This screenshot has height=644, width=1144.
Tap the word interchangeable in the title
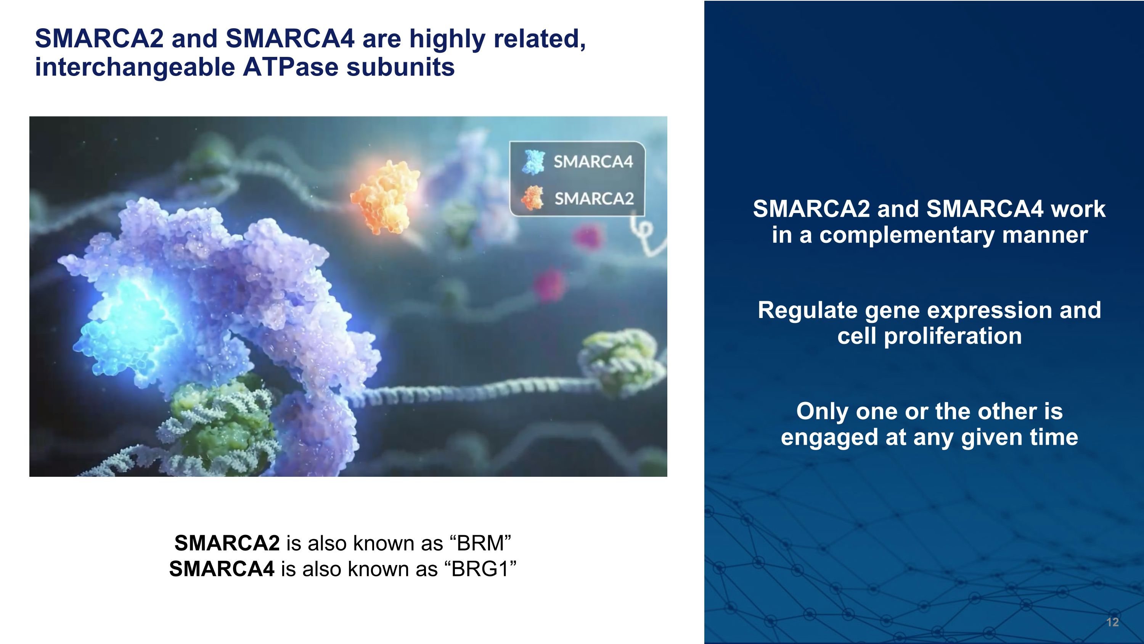coord(135,68)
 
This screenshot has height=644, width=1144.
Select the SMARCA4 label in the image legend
coord(593,162)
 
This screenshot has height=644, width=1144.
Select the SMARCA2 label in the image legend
coord(594,199)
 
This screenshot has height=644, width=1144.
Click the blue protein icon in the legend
coord(533,161)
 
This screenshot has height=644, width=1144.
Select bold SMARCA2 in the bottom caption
coord(227,543)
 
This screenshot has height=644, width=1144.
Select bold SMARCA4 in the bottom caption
coord(222,569)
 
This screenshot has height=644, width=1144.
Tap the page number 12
coord(1112,622)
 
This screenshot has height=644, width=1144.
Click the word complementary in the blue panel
coord(906,236)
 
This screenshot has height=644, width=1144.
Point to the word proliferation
coord(953,336)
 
